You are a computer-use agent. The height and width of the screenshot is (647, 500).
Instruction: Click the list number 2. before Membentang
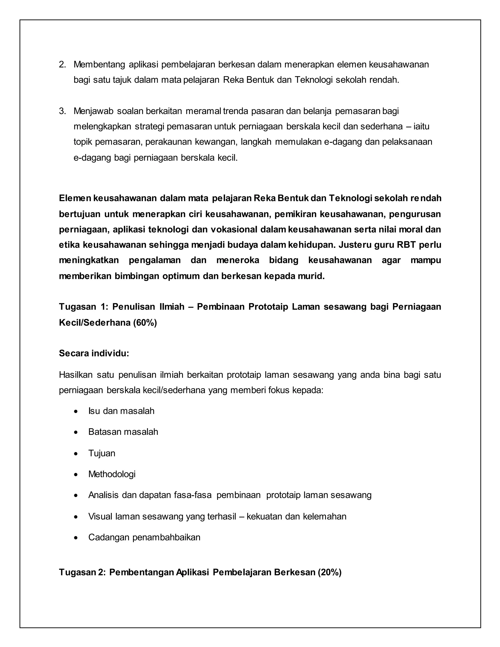coord(62,64)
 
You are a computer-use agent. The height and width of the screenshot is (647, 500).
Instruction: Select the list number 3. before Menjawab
coord(62,111)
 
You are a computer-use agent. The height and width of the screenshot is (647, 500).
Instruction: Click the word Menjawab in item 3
coord(94,111)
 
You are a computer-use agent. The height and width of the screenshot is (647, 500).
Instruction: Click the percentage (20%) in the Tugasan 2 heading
coord(329,572)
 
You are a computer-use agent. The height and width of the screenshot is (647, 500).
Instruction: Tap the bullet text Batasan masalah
coord(123,432)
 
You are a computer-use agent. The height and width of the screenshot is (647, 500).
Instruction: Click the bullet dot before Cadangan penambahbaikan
coord(76,538)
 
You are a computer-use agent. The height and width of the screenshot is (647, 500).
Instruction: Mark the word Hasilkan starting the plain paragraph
coord(76,375)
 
